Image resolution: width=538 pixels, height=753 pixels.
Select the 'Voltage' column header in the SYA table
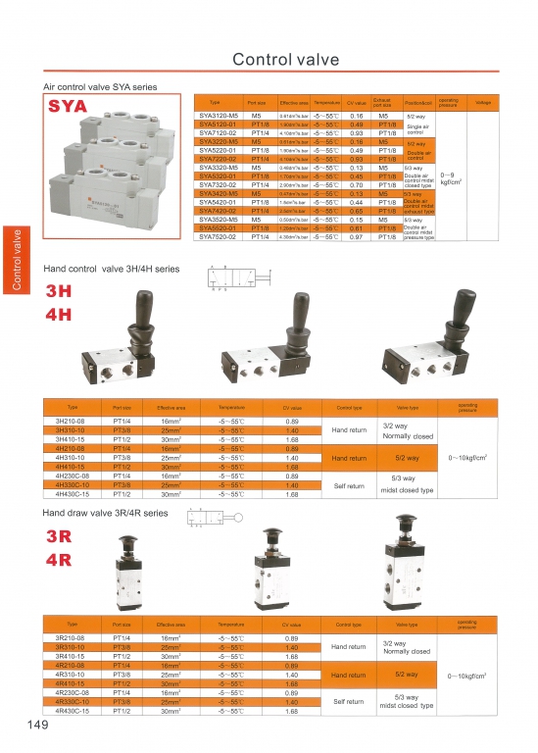point(482,103)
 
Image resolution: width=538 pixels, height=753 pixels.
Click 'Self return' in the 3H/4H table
point(350,484)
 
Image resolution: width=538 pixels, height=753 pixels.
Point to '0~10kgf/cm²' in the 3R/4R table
point(468,676)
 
